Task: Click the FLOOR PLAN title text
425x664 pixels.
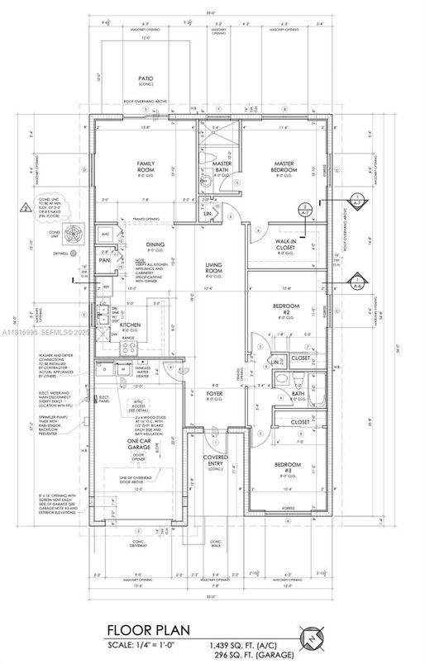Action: pyautogui.click(x=141, y=630)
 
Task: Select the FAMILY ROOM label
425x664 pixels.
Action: pyautogui.click(x=146, y=167)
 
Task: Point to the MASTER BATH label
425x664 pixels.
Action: pyautogui.click(x=222, y=167)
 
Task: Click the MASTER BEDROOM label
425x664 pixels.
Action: pyautogui.click(x=279, y=167)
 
